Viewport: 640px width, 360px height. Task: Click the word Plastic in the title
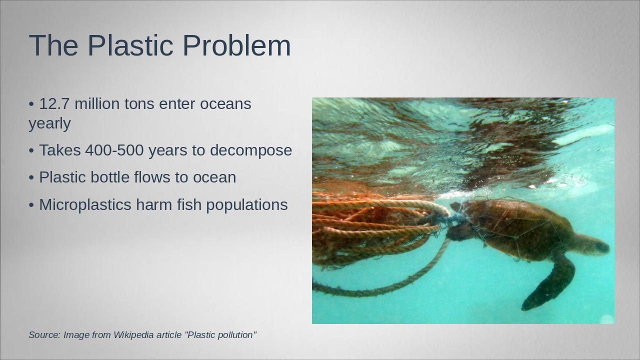(130, 45)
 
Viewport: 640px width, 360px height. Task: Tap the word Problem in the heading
(236, 45)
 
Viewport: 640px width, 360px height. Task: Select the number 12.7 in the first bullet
(54, 103)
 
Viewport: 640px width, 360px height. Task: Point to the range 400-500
(114, 150)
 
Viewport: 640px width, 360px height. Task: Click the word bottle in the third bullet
(110, 177)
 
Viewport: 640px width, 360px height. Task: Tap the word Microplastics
(85, 205)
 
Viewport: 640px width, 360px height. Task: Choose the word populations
(247, 205)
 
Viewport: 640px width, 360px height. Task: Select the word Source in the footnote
(44, 335)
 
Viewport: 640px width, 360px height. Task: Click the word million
(97, 103)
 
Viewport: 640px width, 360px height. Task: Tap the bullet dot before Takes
(31, 151)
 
